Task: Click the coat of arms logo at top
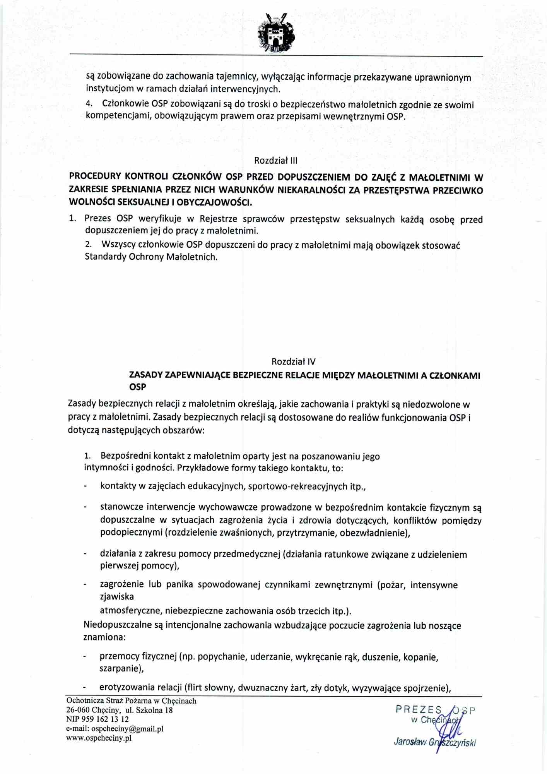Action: tap(276, 33)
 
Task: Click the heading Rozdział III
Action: tap(276, 160)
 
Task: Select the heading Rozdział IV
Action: tap(293, 361)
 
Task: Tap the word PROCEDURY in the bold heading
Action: tap(95, 176)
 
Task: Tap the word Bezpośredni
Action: tap(125, 456)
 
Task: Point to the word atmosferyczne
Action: tap(131, 611)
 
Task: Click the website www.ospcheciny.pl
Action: tap(99, 738)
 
